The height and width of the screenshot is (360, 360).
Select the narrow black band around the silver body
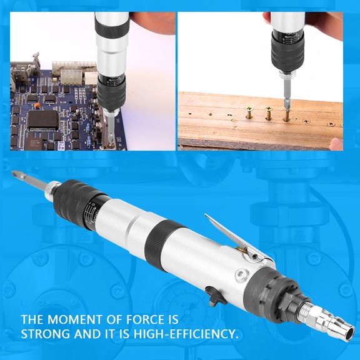point(159,234)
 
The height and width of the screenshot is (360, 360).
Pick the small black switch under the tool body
point(216,296)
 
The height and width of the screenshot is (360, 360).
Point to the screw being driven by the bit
point(287,116)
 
